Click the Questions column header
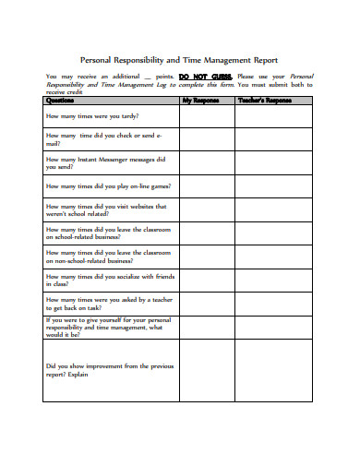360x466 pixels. pyautogui.click(x=60, y=100)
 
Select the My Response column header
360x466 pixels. pyautogui.click(x=200, y=100)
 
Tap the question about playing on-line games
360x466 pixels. pyautogui.click(x=107, y=185)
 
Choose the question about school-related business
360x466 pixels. pyautogui.click(x=107, y=233)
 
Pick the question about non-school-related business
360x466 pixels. pyautogui.click(x=107, y=257)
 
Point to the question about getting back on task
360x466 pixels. pyautogui.click(x=107, y=303)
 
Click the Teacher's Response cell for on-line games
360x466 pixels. pyautogui.click(x=273, y=185)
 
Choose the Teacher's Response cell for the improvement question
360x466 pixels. pyautogui.click(x=273, y=370)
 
